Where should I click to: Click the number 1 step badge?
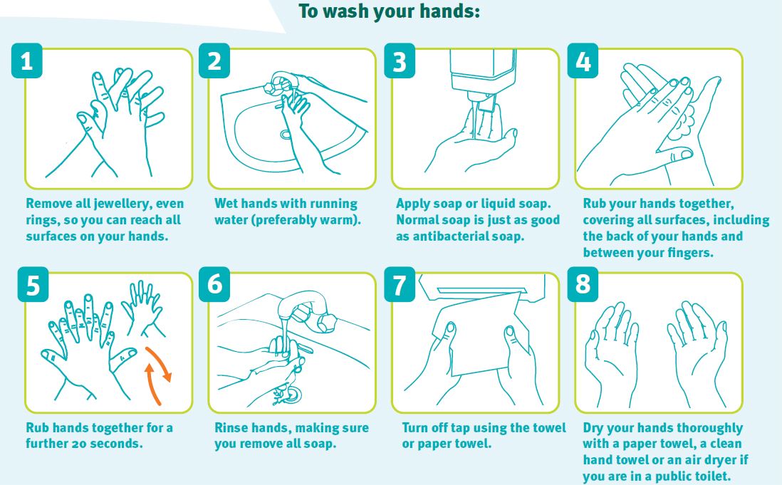point(26,61)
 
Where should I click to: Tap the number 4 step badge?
point(583,61)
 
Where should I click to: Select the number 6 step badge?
point(214,284)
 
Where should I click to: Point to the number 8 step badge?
point(583,284)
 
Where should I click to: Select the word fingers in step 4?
point(687,253)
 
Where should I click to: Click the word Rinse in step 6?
point(231,428)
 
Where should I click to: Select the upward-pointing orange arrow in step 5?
point(152,383)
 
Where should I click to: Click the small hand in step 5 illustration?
point(143,309)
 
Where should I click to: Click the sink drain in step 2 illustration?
point(286,135)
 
